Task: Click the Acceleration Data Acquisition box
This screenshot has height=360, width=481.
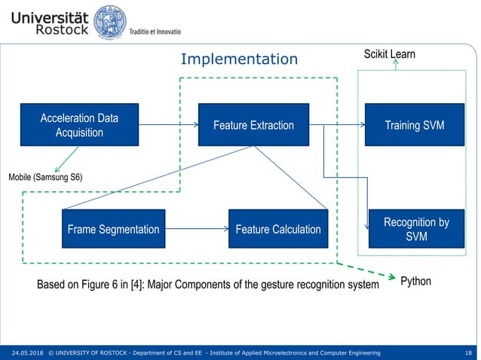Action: click(x=79, y=126)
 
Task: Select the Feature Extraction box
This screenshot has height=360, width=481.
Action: click(x=253, y=125)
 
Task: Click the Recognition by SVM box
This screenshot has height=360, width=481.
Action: click(x=416, y=230)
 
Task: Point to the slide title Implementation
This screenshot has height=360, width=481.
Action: click(x=240, y=59)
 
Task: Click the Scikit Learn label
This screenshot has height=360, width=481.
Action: click(x=390, y=54)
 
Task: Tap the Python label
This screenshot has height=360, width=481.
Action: click(x=415, y=281)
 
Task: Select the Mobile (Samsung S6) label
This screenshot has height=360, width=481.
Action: click(x=45, y=176)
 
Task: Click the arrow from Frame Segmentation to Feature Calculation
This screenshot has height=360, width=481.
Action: click(x=196, y=229)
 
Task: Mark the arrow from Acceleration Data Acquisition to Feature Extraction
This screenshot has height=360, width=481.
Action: click(x=167, y=124)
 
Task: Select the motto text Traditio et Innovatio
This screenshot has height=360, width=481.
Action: click(x=155, y=32)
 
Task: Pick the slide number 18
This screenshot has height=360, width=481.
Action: click(x=469, y=352)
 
